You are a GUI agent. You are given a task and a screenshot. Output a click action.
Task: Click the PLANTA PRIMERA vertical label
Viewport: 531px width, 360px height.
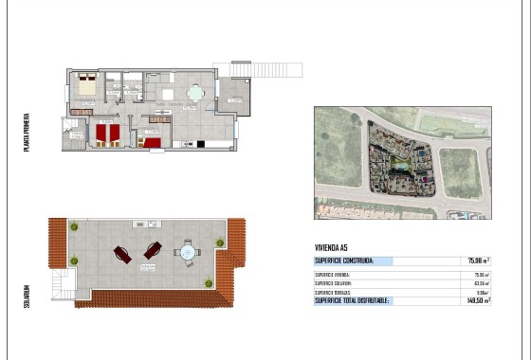27,133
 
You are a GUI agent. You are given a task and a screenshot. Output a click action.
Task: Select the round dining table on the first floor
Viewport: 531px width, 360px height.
194,93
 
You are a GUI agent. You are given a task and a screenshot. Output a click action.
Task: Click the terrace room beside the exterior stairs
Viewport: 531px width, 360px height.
231,96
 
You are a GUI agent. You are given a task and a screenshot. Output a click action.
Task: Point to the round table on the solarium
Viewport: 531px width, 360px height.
186,252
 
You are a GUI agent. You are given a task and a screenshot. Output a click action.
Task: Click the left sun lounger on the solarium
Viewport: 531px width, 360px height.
123,253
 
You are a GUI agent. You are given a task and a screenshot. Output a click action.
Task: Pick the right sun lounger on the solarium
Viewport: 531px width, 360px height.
152,251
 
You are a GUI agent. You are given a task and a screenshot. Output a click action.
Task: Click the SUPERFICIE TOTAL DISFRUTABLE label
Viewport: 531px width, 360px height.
353,301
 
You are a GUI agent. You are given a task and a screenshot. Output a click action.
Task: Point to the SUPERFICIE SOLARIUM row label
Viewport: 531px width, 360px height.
333,283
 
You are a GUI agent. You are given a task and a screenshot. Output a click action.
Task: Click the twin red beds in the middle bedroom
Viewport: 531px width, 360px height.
105,135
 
